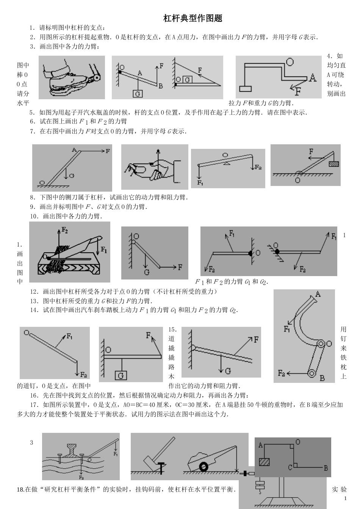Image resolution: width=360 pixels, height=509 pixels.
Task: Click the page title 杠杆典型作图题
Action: [x=193, y=18]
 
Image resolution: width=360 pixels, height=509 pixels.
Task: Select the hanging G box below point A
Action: [x=138, y=94]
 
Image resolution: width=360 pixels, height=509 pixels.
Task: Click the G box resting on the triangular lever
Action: [x=187, y=80]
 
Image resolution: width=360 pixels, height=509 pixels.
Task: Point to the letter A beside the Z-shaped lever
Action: [x=312, y=78]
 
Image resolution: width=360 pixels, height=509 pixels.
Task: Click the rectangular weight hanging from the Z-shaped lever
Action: [x=245, y=89]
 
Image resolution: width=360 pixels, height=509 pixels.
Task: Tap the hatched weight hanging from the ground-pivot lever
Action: [x=334, y=163]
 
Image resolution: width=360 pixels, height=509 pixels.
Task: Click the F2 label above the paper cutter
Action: [x=65, y=230]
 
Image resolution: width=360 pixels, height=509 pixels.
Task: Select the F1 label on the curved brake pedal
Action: [x=287, y=328]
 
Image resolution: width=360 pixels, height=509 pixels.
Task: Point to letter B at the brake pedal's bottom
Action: [x=322, y=378]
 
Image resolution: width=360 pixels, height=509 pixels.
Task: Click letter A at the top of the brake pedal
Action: [x=318, y=294]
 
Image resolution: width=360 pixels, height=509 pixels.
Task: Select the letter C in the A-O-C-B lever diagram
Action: [x=290, y=467]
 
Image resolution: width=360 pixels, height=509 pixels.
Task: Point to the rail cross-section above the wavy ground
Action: [x=72, y=450]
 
